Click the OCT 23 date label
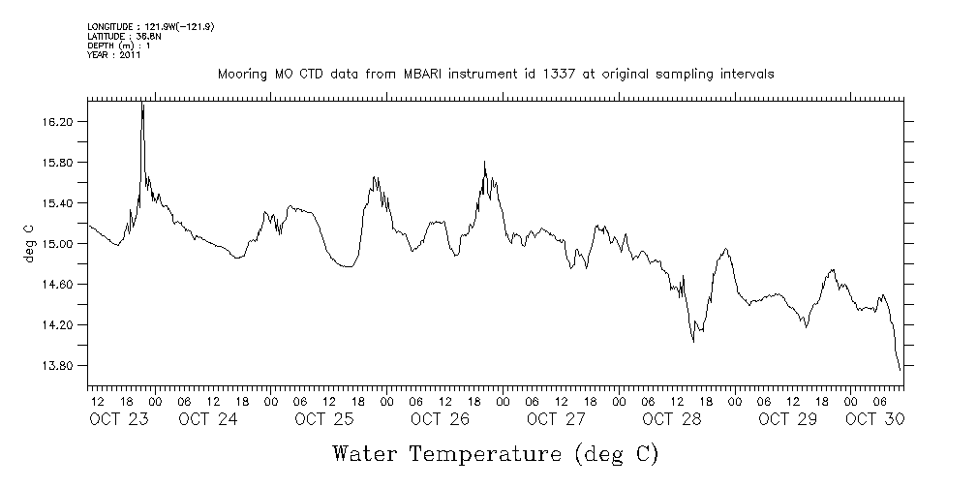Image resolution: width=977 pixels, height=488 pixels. point(118,419)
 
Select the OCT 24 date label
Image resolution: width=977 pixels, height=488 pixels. point(207,419)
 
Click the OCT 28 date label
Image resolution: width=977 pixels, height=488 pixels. point(672,419)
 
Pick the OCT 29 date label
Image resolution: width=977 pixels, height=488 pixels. point(788,419)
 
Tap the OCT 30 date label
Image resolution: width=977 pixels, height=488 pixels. point(874,419)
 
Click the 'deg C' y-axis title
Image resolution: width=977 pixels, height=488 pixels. point(28,243)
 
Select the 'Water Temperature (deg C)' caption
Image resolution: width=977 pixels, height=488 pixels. point(496,453)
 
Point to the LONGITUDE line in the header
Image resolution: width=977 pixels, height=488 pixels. point(150,27)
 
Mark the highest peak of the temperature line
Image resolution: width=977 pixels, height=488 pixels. point(142,103)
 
